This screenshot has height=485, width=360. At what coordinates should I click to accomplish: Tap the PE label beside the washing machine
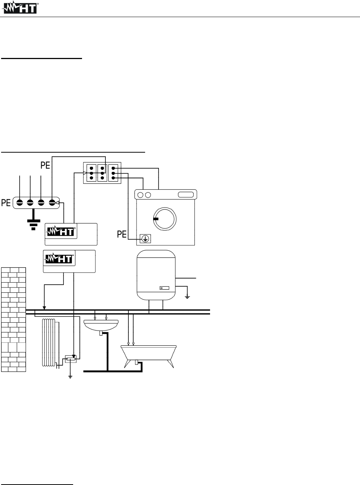click(122, 234)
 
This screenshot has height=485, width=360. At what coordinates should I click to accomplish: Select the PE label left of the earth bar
click(6, 203)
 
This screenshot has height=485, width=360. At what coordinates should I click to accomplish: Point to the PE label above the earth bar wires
click(45, 165)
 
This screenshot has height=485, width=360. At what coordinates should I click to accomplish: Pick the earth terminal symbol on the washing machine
click(145, 239)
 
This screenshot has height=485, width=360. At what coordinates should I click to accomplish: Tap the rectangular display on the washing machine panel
click(186, 195)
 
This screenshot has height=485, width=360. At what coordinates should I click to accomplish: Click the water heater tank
click(156, 275)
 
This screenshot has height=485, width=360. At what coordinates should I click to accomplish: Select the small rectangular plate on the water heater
click(164, 288)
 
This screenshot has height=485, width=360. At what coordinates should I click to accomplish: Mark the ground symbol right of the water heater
click(187, 296)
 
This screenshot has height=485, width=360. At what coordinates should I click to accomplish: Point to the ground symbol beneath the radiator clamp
click(70, 376)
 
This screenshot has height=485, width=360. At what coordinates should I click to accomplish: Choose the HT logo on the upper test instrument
click(61, 232)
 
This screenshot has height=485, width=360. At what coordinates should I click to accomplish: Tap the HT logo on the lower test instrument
click(59, 258)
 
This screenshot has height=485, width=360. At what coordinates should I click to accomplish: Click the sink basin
click(101, 325)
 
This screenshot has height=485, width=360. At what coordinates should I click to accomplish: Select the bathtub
click(148, 352)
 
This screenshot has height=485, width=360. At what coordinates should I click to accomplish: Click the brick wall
click(14, 319)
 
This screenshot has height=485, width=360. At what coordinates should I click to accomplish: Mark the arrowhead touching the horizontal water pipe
click(44, 307)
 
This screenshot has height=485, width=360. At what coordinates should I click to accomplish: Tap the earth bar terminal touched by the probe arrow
click(52, 203)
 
